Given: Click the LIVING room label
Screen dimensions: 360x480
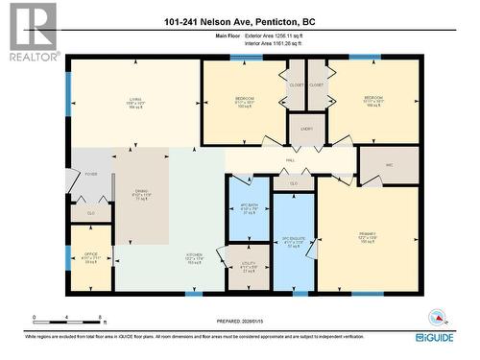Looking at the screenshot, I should point(135,99).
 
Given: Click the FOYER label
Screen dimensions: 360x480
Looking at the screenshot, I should point(91,174).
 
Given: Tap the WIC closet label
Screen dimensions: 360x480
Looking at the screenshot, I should point(390,165).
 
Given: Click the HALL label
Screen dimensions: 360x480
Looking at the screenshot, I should point(290,160).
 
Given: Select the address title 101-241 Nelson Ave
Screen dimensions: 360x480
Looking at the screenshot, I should point(239,21).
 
